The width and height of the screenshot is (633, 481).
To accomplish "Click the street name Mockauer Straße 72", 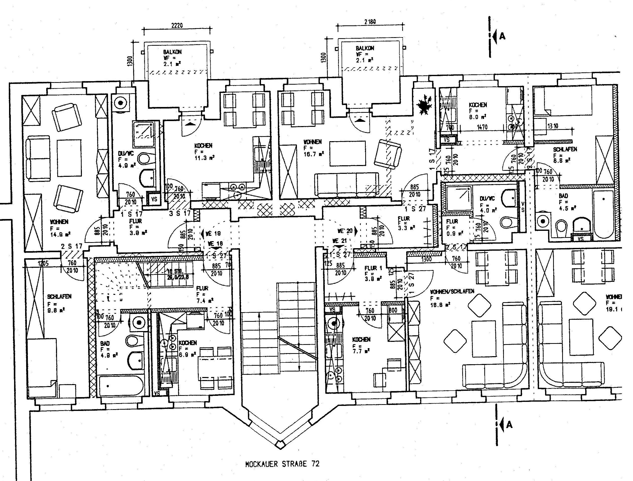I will click(282, 464).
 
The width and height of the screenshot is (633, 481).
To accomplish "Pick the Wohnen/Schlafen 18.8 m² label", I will click(452, 297).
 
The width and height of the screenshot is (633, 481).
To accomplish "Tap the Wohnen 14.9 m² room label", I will click(59, 228).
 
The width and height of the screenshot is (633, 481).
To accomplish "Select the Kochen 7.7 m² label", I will click(361, 345).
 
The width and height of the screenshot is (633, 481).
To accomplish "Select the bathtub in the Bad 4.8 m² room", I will click(121, 385).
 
